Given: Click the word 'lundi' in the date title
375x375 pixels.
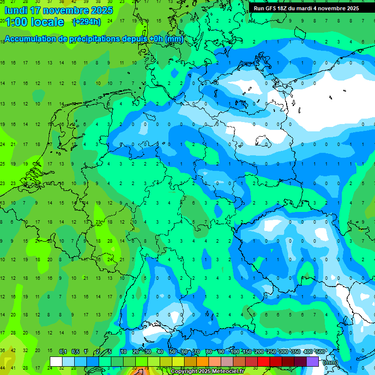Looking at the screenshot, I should (x=16, y=10).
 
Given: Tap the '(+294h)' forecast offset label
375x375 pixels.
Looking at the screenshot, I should (x=86, y=22).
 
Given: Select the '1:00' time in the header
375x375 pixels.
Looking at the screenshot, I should (x=16, y=22).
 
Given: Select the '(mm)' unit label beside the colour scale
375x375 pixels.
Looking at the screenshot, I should (x=331, y=362).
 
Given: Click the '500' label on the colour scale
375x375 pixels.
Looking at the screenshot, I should (x=319, y=352).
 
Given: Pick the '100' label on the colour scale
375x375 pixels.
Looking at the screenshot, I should (x=235, y=352).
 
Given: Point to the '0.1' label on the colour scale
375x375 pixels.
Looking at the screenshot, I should (x=63, y=352).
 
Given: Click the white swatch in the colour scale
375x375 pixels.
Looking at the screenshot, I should (x=56, y=361).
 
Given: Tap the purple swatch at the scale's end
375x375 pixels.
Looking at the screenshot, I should (x=312, y=361).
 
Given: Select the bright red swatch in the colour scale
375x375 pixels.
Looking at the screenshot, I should (x=264, y=361).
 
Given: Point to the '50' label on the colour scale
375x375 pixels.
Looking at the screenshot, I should (x=172, y=352).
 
